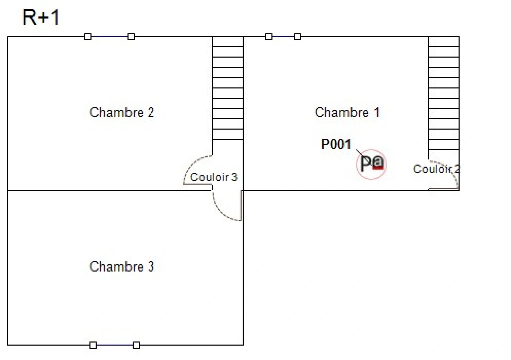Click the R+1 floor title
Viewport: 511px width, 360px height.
coord(41,17)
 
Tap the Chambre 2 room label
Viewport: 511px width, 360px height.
coord(122,113)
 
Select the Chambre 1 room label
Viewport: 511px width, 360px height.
coord(347,113)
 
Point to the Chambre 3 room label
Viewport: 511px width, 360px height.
coord(122,267)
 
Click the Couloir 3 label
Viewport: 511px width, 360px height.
coord(214,177)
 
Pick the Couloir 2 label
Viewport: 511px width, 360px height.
coord(436,169)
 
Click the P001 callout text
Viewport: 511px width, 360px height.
coord(336,144)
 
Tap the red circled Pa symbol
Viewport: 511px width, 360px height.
coord(371,163)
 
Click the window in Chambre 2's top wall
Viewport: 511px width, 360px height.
coord(110,36)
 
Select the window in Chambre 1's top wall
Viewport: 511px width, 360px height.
coord(283,36)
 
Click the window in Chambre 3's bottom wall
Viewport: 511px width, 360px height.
coord(115,345)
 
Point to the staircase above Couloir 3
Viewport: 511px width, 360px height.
coord(228,88)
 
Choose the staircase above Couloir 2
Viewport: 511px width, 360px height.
coord(444,93)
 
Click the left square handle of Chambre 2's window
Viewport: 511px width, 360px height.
coord(88,36)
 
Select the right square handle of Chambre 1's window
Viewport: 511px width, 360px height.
coord(298,36)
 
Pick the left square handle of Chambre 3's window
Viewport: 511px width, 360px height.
coord(93,345)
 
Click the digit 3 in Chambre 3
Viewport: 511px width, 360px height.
coord(151,267)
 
